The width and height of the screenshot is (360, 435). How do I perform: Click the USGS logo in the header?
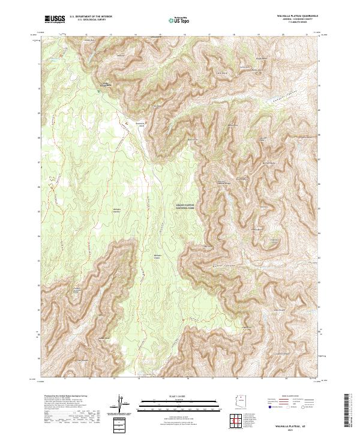pyautogui.click(x=55, y=19)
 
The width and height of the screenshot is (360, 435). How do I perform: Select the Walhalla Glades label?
pyautogui.click(x=158, y=256)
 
